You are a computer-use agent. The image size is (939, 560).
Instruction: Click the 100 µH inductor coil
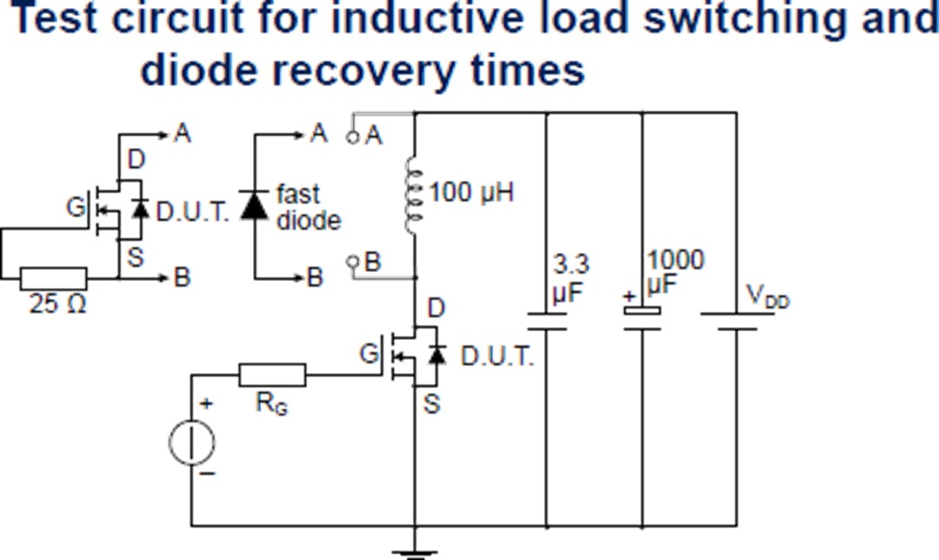tap(414, 193)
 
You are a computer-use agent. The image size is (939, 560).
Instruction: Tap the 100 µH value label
tap(471, 192)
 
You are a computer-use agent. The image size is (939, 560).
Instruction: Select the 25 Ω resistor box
tap(53, 279)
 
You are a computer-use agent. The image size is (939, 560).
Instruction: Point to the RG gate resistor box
tap(272, 376)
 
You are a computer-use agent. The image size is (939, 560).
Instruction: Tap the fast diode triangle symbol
tap(255, 207)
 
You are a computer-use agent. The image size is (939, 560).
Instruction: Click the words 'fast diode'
tap(308, 207)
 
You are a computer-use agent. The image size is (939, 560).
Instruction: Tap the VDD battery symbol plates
tap(736, 322)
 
